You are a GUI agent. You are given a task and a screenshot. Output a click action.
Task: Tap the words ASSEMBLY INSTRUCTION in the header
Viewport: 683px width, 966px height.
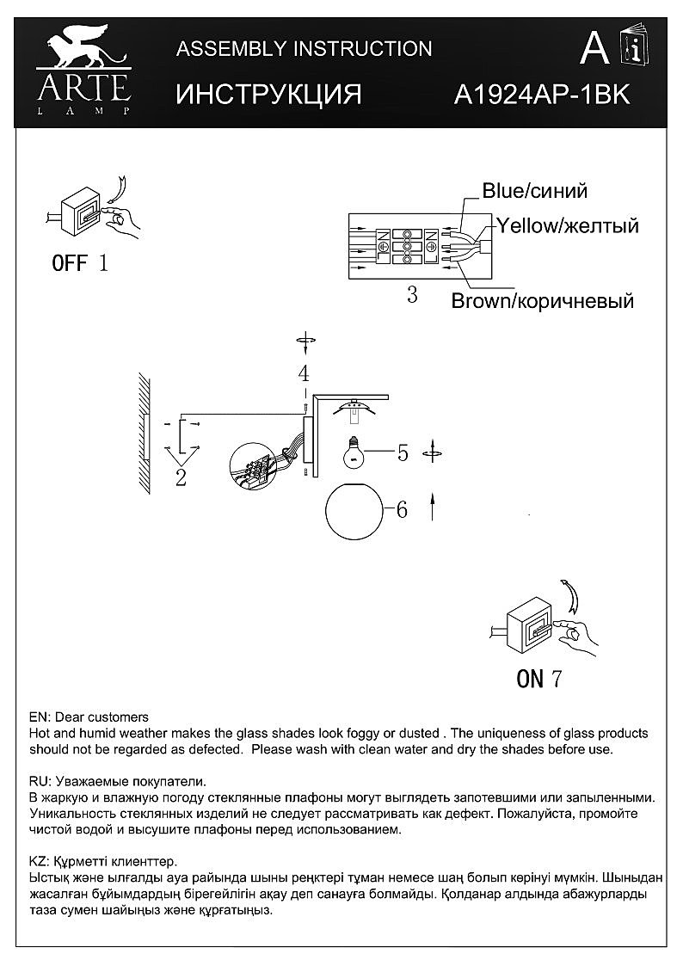tap(304, 49)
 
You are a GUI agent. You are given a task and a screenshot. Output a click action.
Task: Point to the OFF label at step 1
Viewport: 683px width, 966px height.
tap(70, 263)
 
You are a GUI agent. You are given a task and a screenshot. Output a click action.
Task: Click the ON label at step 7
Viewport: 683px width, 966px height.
tap(530, 679)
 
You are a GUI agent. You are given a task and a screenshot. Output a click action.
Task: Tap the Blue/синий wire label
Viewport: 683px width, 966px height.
tap(534, 191)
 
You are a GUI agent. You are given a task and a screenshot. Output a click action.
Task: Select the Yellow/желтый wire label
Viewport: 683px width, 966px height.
tap(567, 226)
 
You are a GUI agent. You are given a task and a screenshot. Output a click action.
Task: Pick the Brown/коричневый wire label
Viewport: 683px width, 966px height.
tap(543, 301)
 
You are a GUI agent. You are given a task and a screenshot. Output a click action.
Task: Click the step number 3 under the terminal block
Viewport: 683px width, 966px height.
tap(412, 295)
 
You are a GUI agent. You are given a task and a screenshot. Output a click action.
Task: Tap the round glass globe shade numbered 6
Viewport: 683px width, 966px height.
tap(354, 509)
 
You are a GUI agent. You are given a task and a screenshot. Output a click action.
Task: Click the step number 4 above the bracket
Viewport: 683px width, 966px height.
tap(303, 373)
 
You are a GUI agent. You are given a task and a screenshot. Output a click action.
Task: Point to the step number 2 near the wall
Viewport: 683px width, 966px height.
tap(181, 479)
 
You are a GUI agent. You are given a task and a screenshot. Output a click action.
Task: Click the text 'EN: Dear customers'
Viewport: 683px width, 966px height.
tap(89, 717)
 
